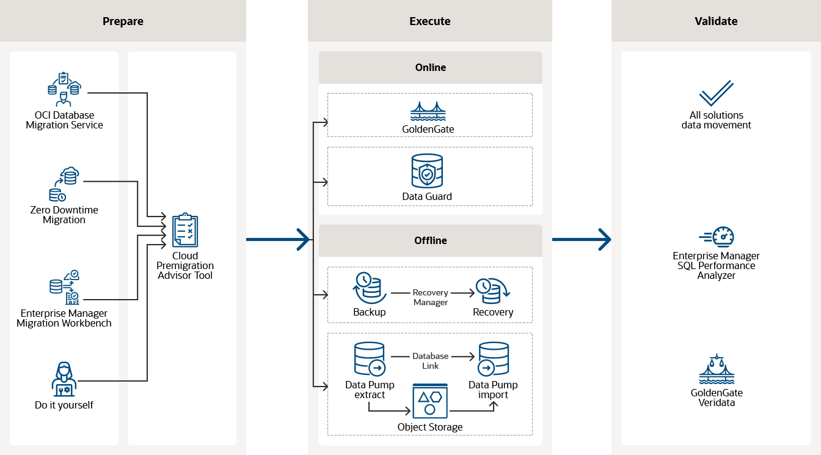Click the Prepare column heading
123,21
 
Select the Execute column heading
429,21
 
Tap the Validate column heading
716,21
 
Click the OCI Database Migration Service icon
64,90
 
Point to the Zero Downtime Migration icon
64,184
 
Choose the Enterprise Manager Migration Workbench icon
64,287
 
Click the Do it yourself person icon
64,379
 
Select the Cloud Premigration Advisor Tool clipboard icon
185,230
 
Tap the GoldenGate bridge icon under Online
428,111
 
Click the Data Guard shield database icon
427,171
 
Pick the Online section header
431,67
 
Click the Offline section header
431,240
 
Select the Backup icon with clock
368,287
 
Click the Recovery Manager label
431,297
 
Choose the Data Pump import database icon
494,359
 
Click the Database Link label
431,361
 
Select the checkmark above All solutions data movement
716,93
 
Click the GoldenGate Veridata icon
717,369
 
